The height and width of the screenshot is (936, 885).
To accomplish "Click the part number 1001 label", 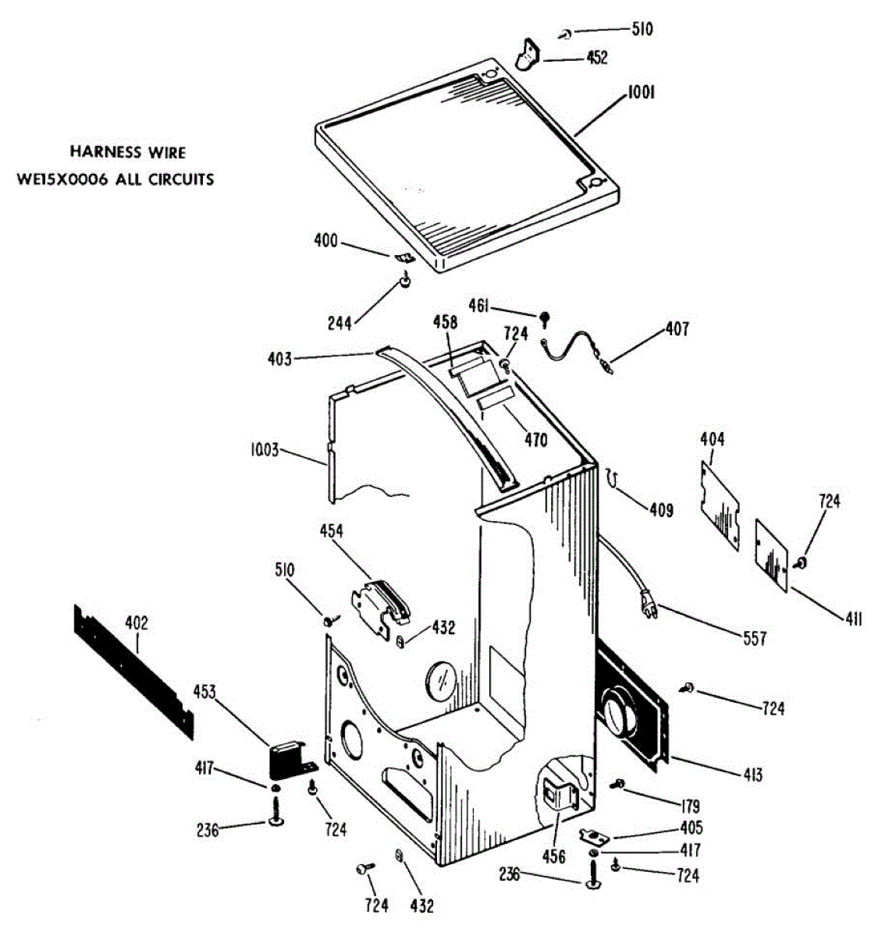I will click(641, 94).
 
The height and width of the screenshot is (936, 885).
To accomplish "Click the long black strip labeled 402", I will click(133, 671).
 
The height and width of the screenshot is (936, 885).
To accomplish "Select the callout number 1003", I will click(265, 450).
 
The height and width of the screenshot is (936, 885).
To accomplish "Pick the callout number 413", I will click(752, 775).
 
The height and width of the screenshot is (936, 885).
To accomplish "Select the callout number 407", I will click(677, 329).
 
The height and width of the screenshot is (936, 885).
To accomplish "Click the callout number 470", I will click(535, 440).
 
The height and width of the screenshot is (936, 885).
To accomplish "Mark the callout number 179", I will click(689, 807).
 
